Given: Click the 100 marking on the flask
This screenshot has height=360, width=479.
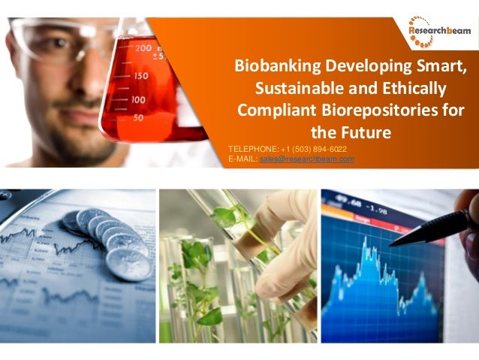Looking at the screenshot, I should click(x=137, y=99).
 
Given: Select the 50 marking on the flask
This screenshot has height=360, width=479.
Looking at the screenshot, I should click(x=137, y=118).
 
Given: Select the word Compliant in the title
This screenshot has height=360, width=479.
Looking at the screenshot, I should click(x=277, y=110).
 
